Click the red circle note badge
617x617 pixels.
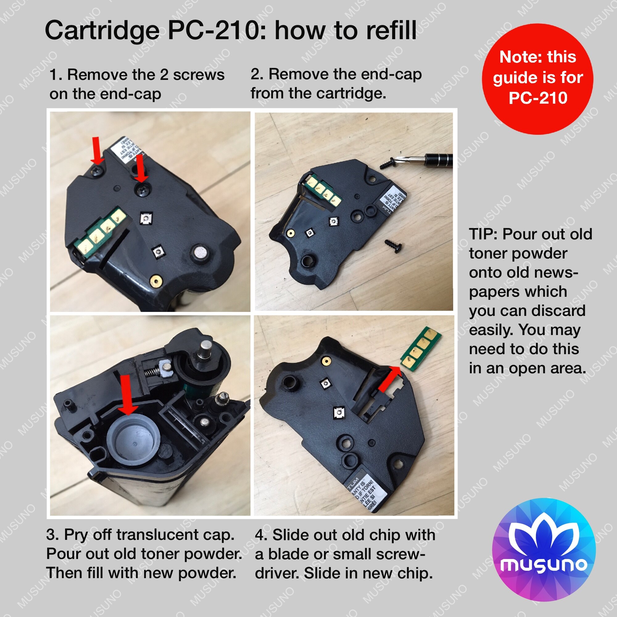537,79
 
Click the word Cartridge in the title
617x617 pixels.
102,31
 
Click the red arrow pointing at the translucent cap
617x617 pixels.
127,394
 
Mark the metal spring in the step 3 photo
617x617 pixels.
151,371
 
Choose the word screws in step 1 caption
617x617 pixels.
199,75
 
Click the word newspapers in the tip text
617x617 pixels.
524,282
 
